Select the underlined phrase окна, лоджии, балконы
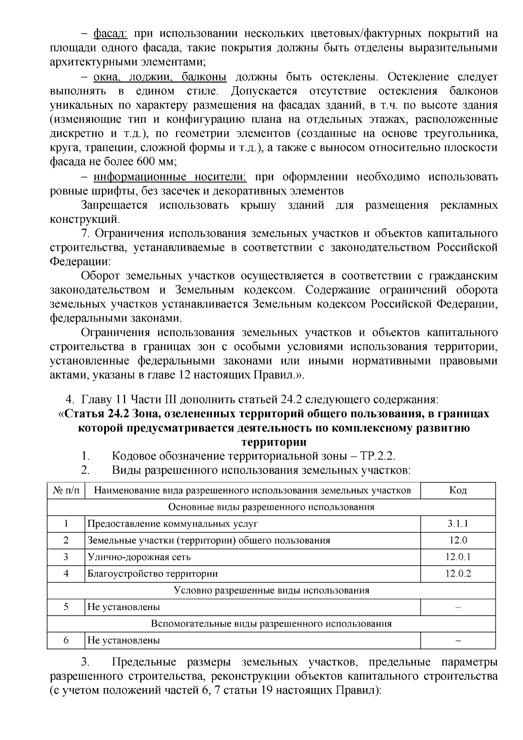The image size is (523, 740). [160, 77]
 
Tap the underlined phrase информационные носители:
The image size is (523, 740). [170, 177]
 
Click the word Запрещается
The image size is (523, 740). [114, 205]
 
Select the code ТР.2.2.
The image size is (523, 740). [377, 456]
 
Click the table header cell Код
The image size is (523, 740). [458, 491]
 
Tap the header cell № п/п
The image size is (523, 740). [66, 491]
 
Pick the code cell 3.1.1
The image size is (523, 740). [458, 524]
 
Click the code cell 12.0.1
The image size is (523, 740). [458, 557]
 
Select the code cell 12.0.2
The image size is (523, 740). [458, 573]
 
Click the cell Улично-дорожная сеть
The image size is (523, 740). [139, 557]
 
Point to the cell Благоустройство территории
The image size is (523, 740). [153, 573]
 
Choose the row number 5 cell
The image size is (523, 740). [66, 607]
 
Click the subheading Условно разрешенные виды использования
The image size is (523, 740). [271, 590]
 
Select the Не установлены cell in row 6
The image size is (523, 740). [124, 640]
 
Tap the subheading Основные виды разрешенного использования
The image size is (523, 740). [271, 507]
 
